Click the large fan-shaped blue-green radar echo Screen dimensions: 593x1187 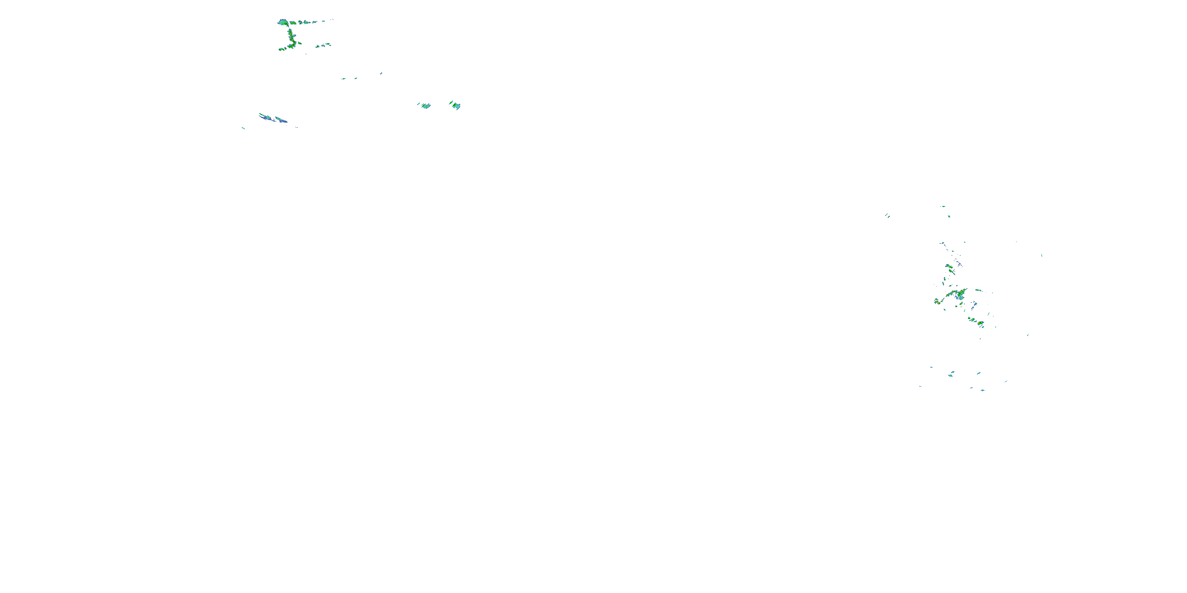click(283, 22)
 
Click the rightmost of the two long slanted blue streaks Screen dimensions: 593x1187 click(281, 120)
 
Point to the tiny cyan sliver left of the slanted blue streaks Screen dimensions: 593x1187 click(243, 128)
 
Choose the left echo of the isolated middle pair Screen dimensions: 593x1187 click(425, 106)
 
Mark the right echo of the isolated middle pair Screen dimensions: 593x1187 click(455, 106)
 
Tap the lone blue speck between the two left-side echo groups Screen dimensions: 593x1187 click(381, 73)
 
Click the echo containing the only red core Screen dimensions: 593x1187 click(949, 266)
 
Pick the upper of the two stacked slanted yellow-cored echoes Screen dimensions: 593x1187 click(949, 266)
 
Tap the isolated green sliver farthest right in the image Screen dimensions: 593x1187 click(1042, 255)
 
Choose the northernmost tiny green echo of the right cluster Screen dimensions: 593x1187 click(943, 206)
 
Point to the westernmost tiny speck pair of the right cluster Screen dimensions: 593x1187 click(887, 215)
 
